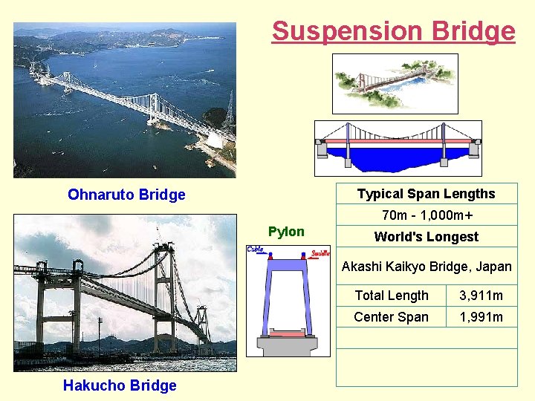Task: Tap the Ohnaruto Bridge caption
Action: tap(126, 195)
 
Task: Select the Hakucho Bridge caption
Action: tap(120, 385)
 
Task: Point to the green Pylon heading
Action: tap(286, 232)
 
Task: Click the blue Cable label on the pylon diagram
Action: tap(256, 250)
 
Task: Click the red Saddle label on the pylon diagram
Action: tap(320, 253)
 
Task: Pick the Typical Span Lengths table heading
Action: tap(426, 194)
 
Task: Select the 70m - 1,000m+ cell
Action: tap(427, 215)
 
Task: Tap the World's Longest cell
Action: tap(427, 237)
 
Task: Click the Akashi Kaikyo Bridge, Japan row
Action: tap(427, 267)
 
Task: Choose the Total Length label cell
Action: tap(392, 296)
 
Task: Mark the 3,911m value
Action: tap(481, 296)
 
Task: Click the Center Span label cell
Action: tap(392, 317)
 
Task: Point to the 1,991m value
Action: tap(481, 317)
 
